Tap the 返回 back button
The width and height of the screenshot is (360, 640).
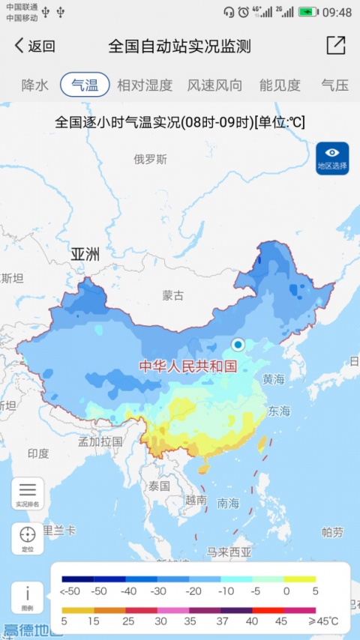click(x=34, y=46)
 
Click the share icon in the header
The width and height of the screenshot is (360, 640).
click(x=335, y=45)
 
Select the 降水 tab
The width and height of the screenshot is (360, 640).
click(x=34, y=85)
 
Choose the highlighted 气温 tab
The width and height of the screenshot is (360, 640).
click(x=85, y=85)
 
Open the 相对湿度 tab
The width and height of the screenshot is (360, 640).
click(x=145, y=85)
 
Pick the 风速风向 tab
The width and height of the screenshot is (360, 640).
click(x=214, y=85)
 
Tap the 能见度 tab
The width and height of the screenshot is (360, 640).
click(x=280, y=85)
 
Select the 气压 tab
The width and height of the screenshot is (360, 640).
click(x=334, y=85)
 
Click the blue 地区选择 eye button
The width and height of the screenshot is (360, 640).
click(x=332, y=158)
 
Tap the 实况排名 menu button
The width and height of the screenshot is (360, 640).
click(x=27, y=494)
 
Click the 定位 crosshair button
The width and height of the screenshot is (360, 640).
click(x=27, y=538)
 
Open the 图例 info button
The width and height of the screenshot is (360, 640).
click(x=27, y=597)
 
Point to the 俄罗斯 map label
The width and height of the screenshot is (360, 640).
click(x=150, y=159)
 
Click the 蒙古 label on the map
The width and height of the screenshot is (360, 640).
click(x=172, y=295)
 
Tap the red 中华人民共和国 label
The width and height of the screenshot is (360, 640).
click(x=187, y=366)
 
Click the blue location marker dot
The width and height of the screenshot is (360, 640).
click(x=238, y=345)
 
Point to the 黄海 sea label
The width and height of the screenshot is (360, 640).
click(x=273, y=380)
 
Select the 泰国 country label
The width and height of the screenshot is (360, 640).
click(x=159, y=486)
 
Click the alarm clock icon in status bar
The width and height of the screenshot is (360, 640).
click(x=244, y=12)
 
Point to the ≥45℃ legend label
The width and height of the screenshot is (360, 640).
click(x=323, y=621)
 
